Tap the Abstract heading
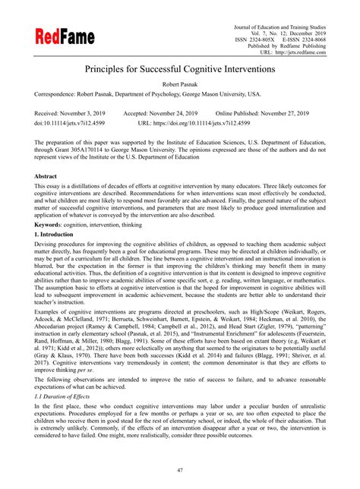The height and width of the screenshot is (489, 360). pyautogui.click(x=49, y=176)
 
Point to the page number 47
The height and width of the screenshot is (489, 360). pyautogui.click(x=179, y=470)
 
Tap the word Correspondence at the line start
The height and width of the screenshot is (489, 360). pyautogui.click(x=59, y=95)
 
